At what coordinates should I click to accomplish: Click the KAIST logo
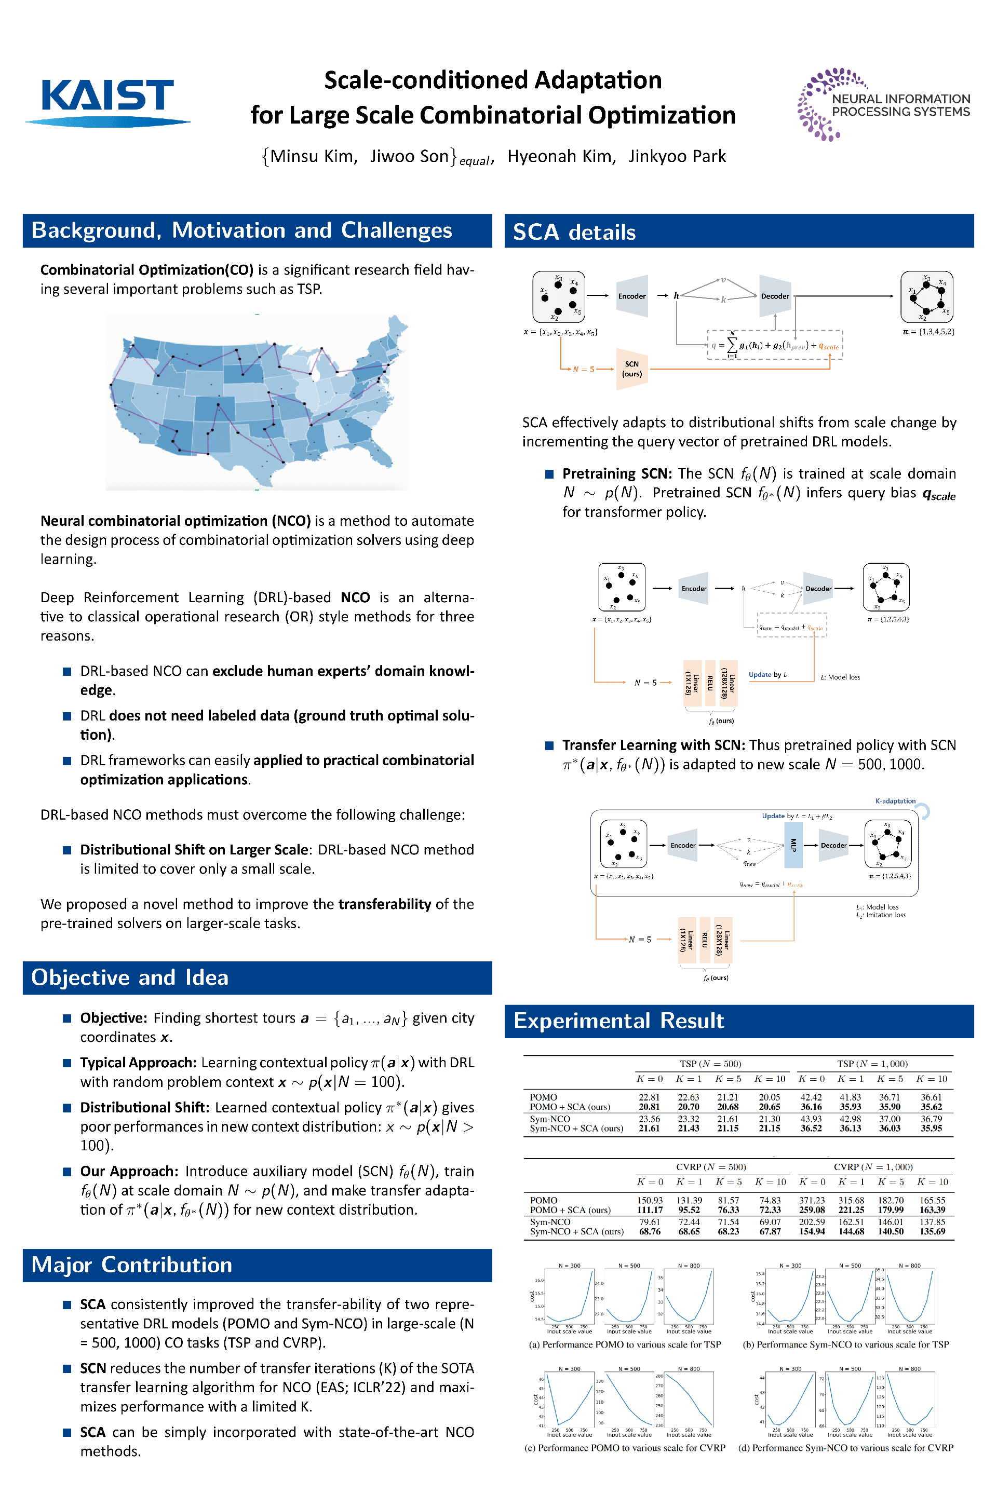(x=107, y=102)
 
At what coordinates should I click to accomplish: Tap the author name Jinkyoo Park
(x=677, y=156)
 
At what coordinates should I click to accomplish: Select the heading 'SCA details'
(x=574, y=232)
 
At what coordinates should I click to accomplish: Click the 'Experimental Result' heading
(x=618, y=1020)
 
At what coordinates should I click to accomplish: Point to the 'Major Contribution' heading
(x=131, y=1265)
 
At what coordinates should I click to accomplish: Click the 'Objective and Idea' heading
(x=130, y=977)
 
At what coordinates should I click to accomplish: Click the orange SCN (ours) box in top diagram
(x=631, y=369)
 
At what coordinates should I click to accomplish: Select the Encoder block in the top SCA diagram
(x=631, y=296)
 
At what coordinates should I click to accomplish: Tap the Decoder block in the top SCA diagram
(x=775, y=296)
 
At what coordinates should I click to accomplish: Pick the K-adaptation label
(x=895, y=801)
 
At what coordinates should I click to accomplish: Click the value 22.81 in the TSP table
(x=649, y=1097)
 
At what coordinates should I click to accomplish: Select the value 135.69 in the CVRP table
(x=932, y=1231)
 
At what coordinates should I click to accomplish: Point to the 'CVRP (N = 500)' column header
(x=711, y=1167)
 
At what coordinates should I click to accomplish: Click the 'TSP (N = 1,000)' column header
(x=872, y=1064)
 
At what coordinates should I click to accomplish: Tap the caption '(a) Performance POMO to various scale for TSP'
(x=624, y=1344)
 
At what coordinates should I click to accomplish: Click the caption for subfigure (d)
(x=846, y=1447)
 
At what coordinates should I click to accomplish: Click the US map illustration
(x=258, y=402)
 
